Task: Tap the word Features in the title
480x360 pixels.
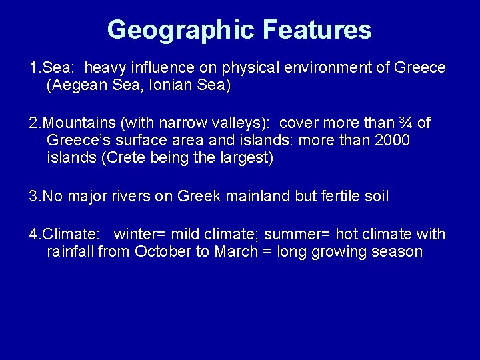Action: coord(317,30)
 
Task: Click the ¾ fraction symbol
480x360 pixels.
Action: coord(405,123)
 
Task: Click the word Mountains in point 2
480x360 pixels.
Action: coord(72,123)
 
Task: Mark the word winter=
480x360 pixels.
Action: coord(140,234)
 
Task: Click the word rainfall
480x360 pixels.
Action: coord(71,251)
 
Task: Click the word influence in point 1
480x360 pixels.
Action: coord(161,68)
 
